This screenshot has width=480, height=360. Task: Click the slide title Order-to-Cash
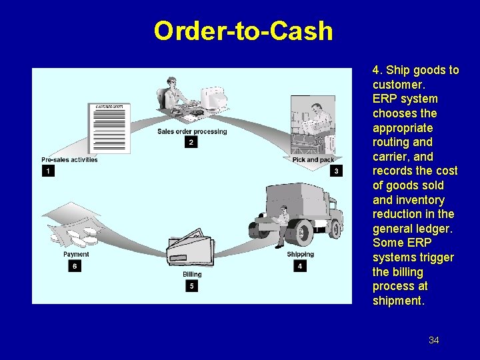(243, 31)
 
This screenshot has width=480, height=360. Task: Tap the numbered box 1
(48, 171)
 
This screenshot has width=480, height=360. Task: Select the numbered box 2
(191, 142)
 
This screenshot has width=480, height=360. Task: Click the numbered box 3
(336, 171)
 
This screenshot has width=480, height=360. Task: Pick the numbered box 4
(300, 265)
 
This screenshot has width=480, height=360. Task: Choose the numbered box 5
(192, 286)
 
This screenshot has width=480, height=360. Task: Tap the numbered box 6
(75, 265)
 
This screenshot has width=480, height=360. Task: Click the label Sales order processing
(192, 131)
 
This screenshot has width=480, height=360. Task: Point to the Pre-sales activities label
(69, 160)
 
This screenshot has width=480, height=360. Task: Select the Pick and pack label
(313, 160)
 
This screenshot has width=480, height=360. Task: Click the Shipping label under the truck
(300, 254)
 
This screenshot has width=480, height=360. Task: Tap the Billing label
(192, 275)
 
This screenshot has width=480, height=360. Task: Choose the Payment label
(76, 254)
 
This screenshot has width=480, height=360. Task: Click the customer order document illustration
(110, 127)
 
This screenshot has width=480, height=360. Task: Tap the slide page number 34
(434, 340)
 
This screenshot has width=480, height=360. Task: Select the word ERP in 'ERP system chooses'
(383, 99)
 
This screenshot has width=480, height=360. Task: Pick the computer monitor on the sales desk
(215, 99)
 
